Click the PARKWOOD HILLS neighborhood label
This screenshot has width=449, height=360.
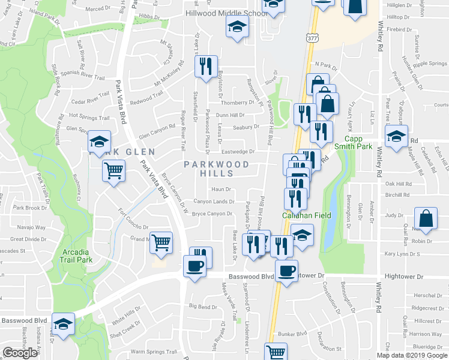pyautogui.click(x=217, y=169)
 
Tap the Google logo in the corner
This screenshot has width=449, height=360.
pyautogui.click(x=20, y=353)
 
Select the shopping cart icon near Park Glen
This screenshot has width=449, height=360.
pyautogui.click(x=113, y=171)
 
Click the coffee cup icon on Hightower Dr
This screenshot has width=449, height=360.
pyautogui.click(x=286, y=271)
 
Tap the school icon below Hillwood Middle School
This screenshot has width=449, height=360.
pyautogui.click(x=237, y=26)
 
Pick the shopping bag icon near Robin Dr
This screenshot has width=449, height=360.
pyautogui.click(x=425, y=220)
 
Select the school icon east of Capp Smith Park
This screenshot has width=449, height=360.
pyautogui.click(x=396, y=136)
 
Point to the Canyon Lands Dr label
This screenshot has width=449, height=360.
pyautogui.click(x=214, y=202)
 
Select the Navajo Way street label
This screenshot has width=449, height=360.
pyautogui.click(x=32, y=227)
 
